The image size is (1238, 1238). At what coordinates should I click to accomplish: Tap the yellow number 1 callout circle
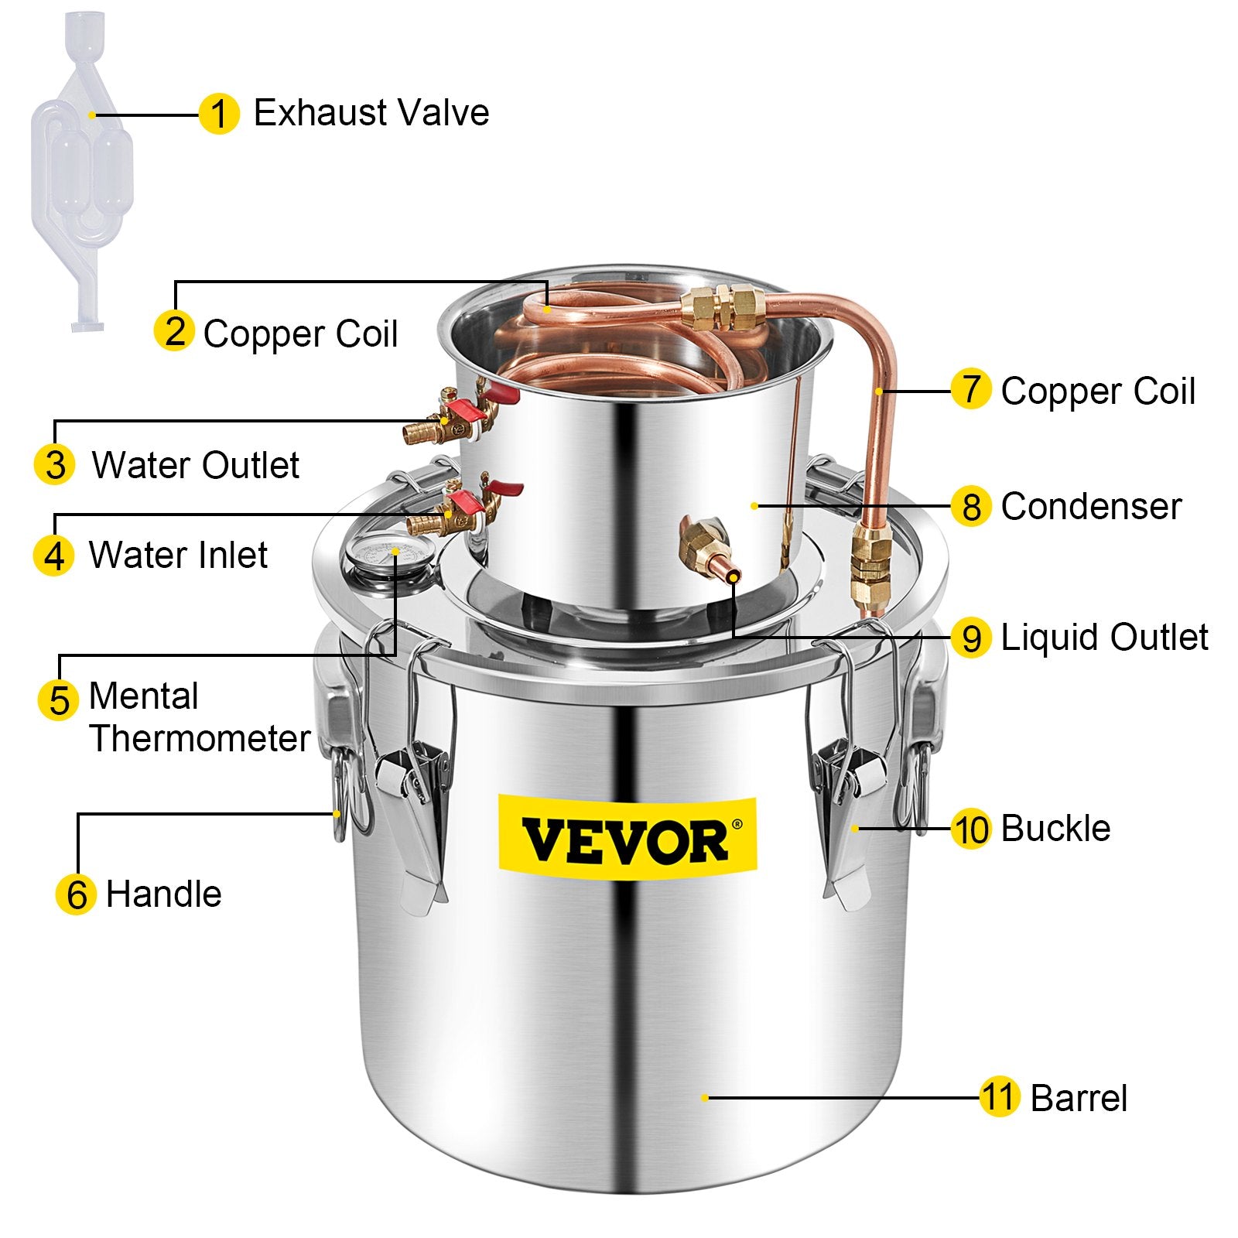point(219,115)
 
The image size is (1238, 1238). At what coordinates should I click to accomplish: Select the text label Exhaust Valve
point(371,113)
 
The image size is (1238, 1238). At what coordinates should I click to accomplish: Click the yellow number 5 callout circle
point(58,699)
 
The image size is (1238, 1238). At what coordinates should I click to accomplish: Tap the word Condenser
point(1091,507)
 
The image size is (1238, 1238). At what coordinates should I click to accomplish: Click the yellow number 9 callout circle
point(971,638)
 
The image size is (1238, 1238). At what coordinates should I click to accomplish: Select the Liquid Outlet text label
point(1104,638)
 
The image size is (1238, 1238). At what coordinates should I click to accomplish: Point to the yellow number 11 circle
point(998,1097)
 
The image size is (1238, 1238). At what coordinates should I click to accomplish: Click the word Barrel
point(1079,1098)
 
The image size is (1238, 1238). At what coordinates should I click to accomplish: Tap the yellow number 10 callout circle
point(971,829)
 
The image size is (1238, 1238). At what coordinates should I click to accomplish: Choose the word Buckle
point(1055,829)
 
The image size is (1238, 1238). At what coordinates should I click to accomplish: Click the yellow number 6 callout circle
point(76,895)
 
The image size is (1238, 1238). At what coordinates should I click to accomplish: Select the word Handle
point(163,894)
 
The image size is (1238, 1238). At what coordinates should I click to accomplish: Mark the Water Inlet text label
point(178,556)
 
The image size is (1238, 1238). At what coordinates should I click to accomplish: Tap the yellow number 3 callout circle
point(55,465)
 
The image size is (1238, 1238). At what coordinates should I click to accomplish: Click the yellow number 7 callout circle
point(971,389)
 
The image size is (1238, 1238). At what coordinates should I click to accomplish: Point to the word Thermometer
point(200,738)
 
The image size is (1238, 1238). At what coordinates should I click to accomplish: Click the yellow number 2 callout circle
point(174,331)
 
